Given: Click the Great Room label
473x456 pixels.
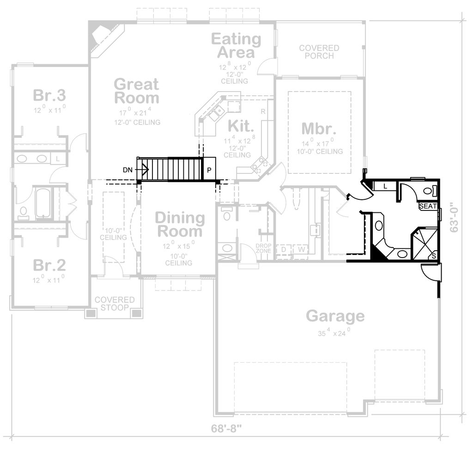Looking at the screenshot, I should tap(136, 91).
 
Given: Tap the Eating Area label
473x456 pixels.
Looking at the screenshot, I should tap(236, 45).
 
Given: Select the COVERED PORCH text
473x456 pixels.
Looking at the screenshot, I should tap(319, 52).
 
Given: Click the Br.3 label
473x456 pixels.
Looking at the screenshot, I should tap(49, 96).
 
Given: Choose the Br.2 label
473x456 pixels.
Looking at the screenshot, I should tap(49, 265).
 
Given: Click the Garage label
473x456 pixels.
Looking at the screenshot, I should tap(335, 316).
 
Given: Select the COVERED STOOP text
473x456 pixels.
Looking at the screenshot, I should tap(115, 304).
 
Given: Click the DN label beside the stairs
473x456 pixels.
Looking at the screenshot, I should tap(128, 170).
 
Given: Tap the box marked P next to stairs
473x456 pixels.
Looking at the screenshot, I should tap(209, 170).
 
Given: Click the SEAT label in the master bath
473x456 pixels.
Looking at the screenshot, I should tap(427, 206).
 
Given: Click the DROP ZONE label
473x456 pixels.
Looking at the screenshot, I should tap(263, 248).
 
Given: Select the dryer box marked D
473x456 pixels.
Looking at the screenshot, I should tap(283, 250).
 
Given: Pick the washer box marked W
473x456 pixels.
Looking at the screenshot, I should tap(301, 250).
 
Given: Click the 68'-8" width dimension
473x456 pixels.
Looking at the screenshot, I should tap(226, 429).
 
